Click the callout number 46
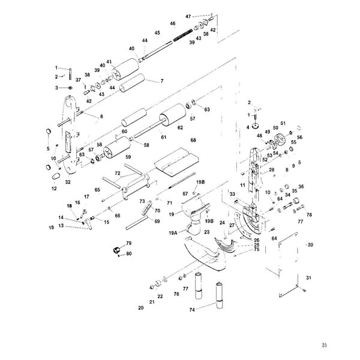pyautogui.click(x=172, y=23)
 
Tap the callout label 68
pyautogui.click(x=193, y=140)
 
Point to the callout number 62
pyautogui.click(x=179, y=127)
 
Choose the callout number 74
pyautogui.click(x=191, y=310)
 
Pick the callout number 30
pyautogui.click(x=311, y=245)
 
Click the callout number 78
pyautogui.click(x=309, y=214)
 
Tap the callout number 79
pyautogui.click(x=128, y=243)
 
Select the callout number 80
pyautogui.click(x=128, y=254)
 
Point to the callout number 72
pyautogui.click(x=118, y=173)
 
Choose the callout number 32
pyautogui.click(x=68, y=181)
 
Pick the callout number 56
pyautogui.click(x=301, y=137)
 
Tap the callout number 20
pyautogui.click(x=141, y=308)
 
